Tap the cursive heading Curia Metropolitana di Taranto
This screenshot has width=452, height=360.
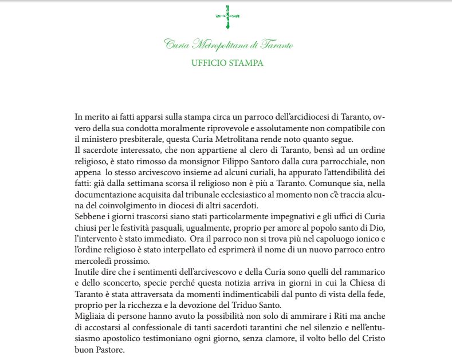click(229, 45)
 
